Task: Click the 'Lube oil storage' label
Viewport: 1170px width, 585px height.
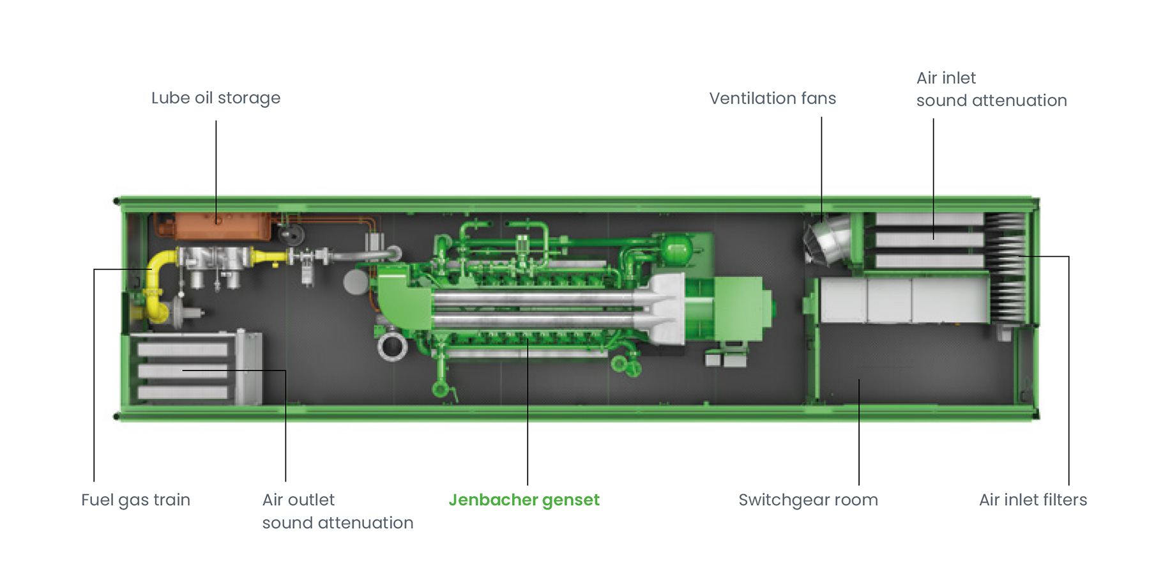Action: pos(215,98)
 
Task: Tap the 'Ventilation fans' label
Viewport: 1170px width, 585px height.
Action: pos(772,98)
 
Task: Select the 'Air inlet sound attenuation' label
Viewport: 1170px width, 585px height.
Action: pos(991,89)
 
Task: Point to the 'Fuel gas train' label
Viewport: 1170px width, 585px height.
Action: pos(135,499)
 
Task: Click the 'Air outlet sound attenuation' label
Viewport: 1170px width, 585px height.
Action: pos(337,511)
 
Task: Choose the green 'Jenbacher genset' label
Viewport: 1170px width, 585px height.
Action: pos(524,499)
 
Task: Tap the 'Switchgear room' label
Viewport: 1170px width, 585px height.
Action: pos(808,499)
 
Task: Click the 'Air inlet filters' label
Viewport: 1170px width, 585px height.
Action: pos(1033,499)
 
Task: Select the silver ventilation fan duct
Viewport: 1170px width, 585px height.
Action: pos(829,240)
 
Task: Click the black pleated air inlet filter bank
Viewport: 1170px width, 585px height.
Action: pos(1007,268)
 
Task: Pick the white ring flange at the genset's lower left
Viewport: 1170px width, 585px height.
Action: pos(392,347)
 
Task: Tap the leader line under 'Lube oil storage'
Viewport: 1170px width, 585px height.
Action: pos(216,166)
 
